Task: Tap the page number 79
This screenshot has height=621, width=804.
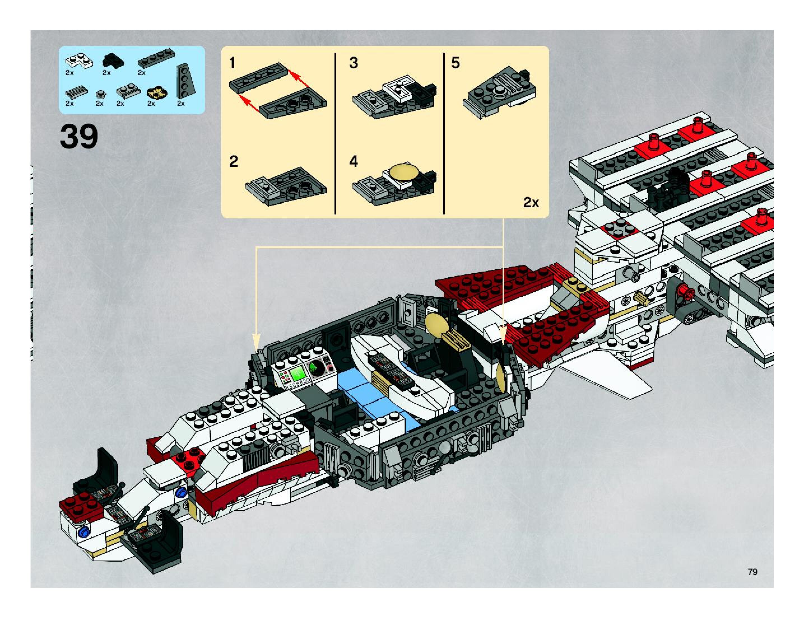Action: tap(752, 572)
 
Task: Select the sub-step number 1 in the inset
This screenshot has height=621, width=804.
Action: tap(232, 63)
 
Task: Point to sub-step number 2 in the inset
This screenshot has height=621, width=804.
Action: tap(233, 162)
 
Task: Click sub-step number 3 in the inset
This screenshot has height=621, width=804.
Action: tap(354, 63)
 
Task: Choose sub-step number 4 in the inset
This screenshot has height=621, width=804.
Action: tap(354, 162)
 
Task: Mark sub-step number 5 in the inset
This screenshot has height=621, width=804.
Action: tap(456, 63)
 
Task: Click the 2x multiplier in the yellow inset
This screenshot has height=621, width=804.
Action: tap(531, 202)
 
